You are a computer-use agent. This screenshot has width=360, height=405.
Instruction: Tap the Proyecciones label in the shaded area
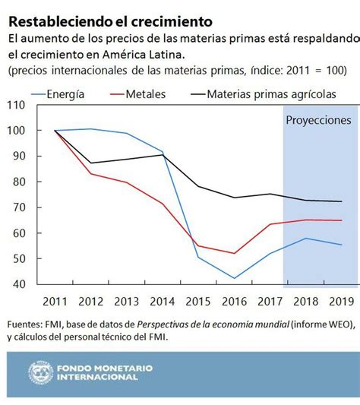click(318, 120)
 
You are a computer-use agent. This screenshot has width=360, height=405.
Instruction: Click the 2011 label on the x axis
click(55, 300)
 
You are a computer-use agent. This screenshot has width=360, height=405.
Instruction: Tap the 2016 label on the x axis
click(234, 300)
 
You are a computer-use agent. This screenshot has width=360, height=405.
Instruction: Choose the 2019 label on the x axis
click(339, 300)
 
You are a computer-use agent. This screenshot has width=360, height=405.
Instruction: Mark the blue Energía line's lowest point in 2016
click(234, 278)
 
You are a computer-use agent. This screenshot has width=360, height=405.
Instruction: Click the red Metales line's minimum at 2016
click(234, 254)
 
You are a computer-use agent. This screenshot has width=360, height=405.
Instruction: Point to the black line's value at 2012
click(91, 163)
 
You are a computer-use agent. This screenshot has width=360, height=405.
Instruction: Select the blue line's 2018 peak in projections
click(305, 239)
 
